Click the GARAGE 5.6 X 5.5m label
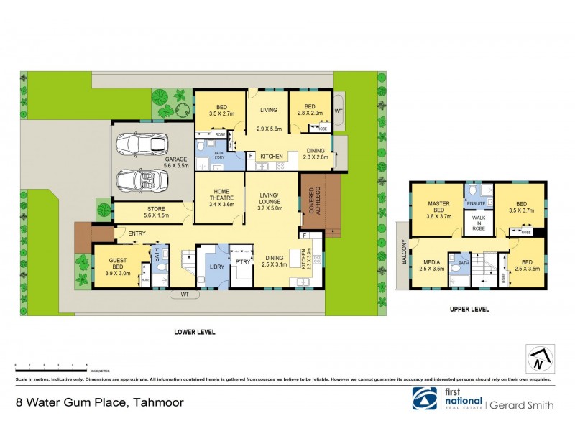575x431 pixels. (x=176, y=162)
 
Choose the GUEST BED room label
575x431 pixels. (x=119, y=267)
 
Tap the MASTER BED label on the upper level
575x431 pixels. (x=438, y=209)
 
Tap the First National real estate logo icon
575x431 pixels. (x=423, y=399)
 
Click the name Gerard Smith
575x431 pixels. (x=523, y=405)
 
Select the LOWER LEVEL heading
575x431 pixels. (x=195, y=333)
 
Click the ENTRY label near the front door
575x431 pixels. (x=138, y=233)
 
